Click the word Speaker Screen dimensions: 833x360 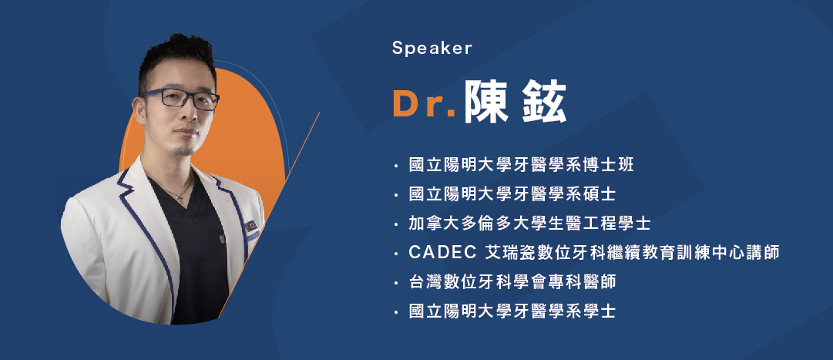[x=432, y=49]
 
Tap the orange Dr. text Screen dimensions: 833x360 [x=424, y=104]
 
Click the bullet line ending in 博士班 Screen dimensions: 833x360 [x=521, y=166]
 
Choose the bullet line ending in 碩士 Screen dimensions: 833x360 [x=512, y=194]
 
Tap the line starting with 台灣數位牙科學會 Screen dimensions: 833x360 [x=512, y=282]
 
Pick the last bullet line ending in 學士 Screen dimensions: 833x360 [x=512, y=311]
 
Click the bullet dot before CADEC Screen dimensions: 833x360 [x=396, y=254]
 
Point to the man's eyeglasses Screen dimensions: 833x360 [x=180, y=99]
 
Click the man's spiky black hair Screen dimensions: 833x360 [x=176, y=59]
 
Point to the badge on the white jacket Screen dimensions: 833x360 [x=250, y=228]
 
